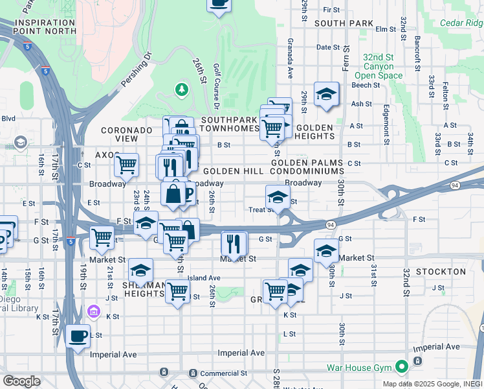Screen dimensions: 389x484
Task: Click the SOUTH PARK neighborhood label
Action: (344, 23)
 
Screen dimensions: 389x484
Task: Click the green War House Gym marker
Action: (401, 368)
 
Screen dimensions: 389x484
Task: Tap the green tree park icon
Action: (182, 89)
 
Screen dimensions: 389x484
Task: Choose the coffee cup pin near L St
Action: (78, 336)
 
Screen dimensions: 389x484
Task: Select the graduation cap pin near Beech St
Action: (326, 94)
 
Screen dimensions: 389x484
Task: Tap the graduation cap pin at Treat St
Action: (277, 197)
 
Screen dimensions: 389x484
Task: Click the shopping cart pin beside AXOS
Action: (127, 164)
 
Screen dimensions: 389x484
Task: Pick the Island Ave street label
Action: (204, 278)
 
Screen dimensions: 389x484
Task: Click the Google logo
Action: (21, 381)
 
